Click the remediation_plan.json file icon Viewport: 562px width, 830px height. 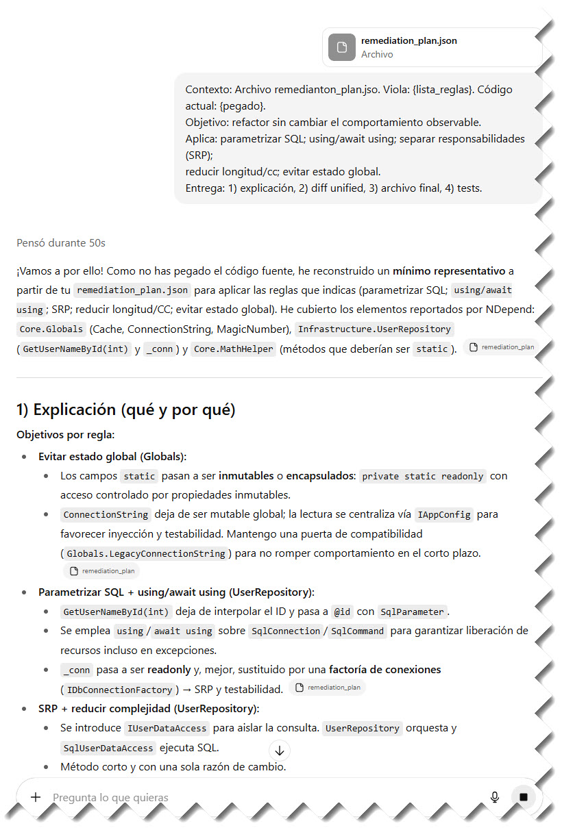341,47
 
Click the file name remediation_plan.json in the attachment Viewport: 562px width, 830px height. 408,40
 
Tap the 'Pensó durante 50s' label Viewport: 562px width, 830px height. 61,243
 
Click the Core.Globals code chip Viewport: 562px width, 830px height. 51,329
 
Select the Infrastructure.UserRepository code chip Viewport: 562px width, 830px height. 374,329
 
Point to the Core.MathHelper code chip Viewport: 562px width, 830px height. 233,349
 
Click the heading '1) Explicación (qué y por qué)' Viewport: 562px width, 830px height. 125,410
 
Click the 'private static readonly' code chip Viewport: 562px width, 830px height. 423,476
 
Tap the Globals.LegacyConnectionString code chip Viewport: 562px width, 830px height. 145,553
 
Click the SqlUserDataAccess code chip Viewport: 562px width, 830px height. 108,747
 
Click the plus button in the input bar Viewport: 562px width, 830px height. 36,797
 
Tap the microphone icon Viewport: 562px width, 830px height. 494,797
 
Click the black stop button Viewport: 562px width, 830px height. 524,797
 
